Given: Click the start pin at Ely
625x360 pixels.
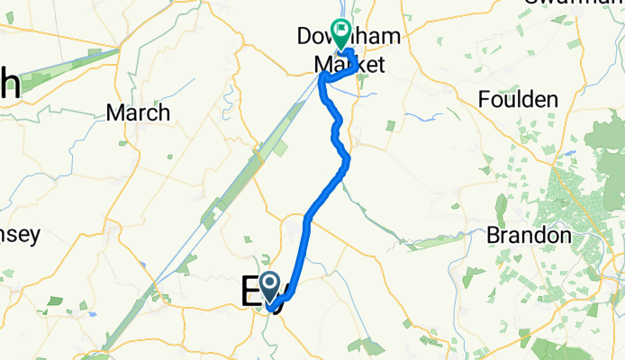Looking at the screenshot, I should click(270, 287).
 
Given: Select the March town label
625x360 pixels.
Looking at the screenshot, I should click(138, 112).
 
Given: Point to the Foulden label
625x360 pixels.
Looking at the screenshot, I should click(520, 100).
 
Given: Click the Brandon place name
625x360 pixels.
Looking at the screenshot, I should click(529, 236).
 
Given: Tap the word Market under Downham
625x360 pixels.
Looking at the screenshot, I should click(349, 65).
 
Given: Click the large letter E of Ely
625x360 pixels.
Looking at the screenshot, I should click(250, 293).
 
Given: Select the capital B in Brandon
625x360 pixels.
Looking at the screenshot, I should click(494, 236).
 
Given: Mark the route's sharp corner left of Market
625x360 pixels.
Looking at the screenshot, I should click(322, 78).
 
